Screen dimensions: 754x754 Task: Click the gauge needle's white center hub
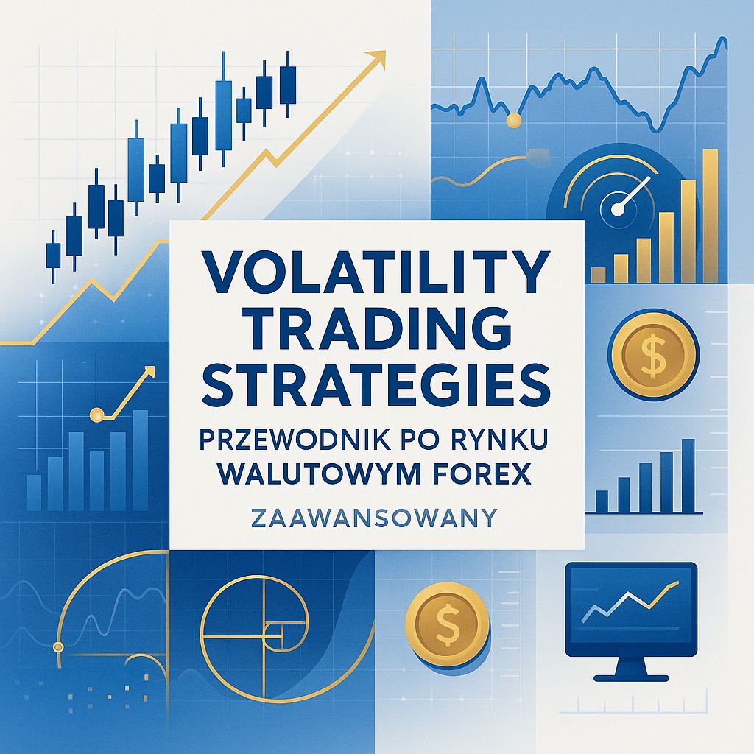tap(617, 209)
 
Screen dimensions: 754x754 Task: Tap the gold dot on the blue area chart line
tap(513, 120)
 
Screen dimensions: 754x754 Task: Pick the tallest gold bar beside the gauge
tap(710, 216)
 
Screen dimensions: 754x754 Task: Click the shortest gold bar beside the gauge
tap(598, 275)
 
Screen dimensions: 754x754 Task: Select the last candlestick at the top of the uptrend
tap(288, 85)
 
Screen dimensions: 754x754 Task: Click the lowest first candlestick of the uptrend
tap(53, 256)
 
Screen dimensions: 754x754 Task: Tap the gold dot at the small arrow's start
tap(96, 414)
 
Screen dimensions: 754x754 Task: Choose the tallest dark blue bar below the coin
tap(688, 475)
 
